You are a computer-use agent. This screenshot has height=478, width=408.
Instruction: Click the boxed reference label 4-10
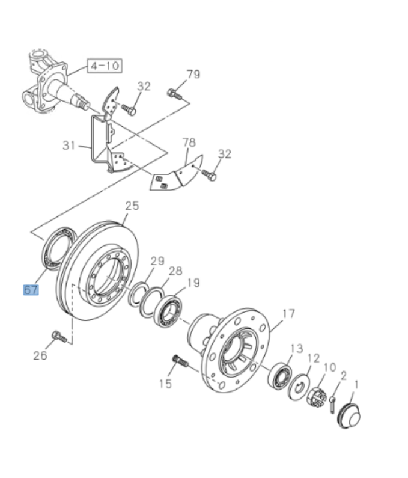104,65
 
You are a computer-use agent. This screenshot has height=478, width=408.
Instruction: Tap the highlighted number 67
31,290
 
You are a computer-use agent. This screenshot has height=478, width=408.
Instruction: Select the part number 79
193,75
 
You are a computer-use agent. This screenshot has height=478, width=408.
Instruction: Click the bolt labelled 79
173,94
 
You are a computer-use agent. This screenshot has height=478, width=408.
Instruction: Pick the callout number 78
189,142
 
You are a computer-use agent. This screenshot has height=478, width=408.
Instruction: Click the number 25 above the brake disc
132,206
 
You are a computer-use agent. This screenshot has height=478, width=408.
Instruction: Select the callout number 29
157,260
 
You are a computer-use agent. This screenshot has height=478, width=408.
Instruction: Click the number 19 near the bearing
193,282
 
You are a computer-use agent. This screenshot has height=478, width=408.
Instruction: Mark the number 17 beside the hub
288,313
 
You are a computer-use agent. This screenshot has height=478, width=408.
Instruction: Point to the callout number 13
297,348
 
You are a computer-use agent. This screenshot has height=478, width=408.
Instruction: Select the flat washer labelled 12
299,385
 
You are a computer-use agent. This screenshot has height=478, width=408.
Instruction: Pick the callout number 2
344,375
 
